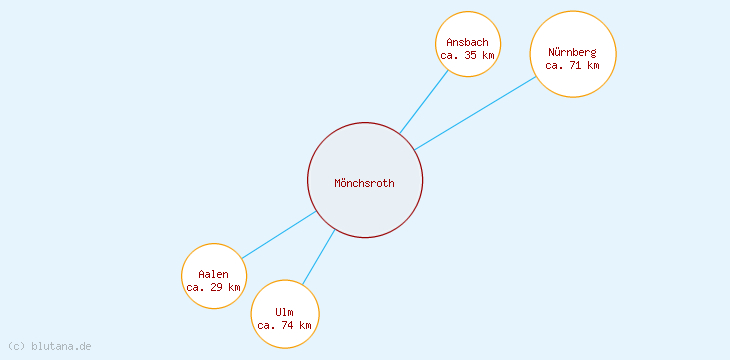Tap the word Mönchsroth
point(365,183)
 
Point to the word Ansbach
point(468,42)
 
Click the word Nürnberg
point(573,52)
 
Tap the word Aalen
point(214,274)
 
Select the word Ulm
point(285,312)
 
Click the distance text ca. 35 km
point(468,55)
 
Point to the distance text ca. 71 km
point(573,65)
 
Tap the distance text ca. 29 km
point(214,287)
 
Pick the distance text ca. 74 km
point(285,325)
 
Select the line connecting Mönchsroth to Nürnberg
point(476,113)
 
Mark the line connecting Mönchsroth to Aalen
point(279,235)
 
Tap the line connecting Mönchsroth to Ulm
point(319,256)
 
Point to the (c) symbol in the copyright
point(16,346)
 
